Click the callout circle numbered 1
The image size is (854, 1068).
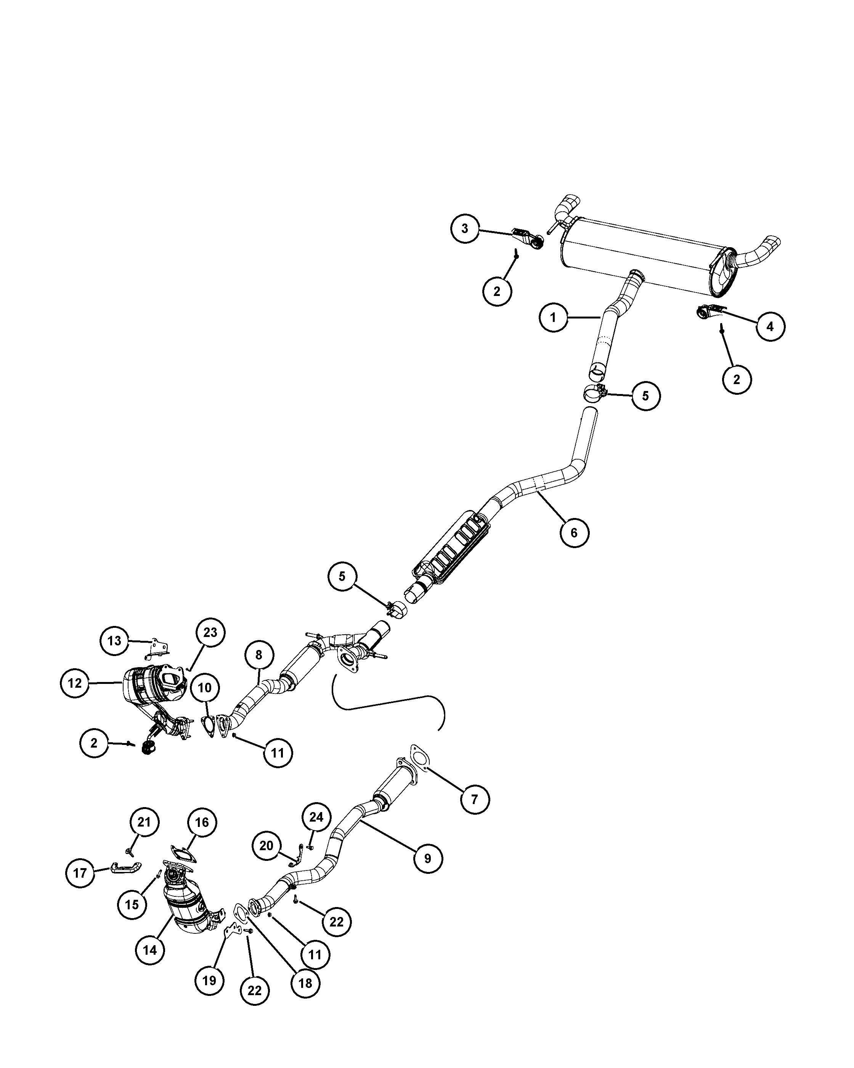pyautogui.click(x=554, y=317)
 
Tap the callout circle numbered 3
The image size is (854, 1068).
pyautogui.click(x=465, y=228)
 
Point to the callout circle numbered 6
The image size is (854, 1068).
pyautogui.click(x=574, y=532)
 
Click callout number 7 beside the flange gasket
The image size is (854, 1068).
pyautogui.click(x=474, y=799)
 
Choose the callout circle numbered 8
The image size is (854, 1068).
pyautogui.click(x=259, y=655)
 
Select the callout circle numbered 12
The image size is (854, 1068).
pyautogui.click(x=75, y=683)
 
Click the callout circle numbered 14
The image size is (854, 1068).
pyautogui.click(x=150, y=950)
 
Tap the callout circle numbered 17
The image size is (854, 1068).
pyautogui.click(x=80, y=873)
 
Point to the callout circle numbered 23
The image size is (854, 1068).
pyautogui.click(x=210, y=632)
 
